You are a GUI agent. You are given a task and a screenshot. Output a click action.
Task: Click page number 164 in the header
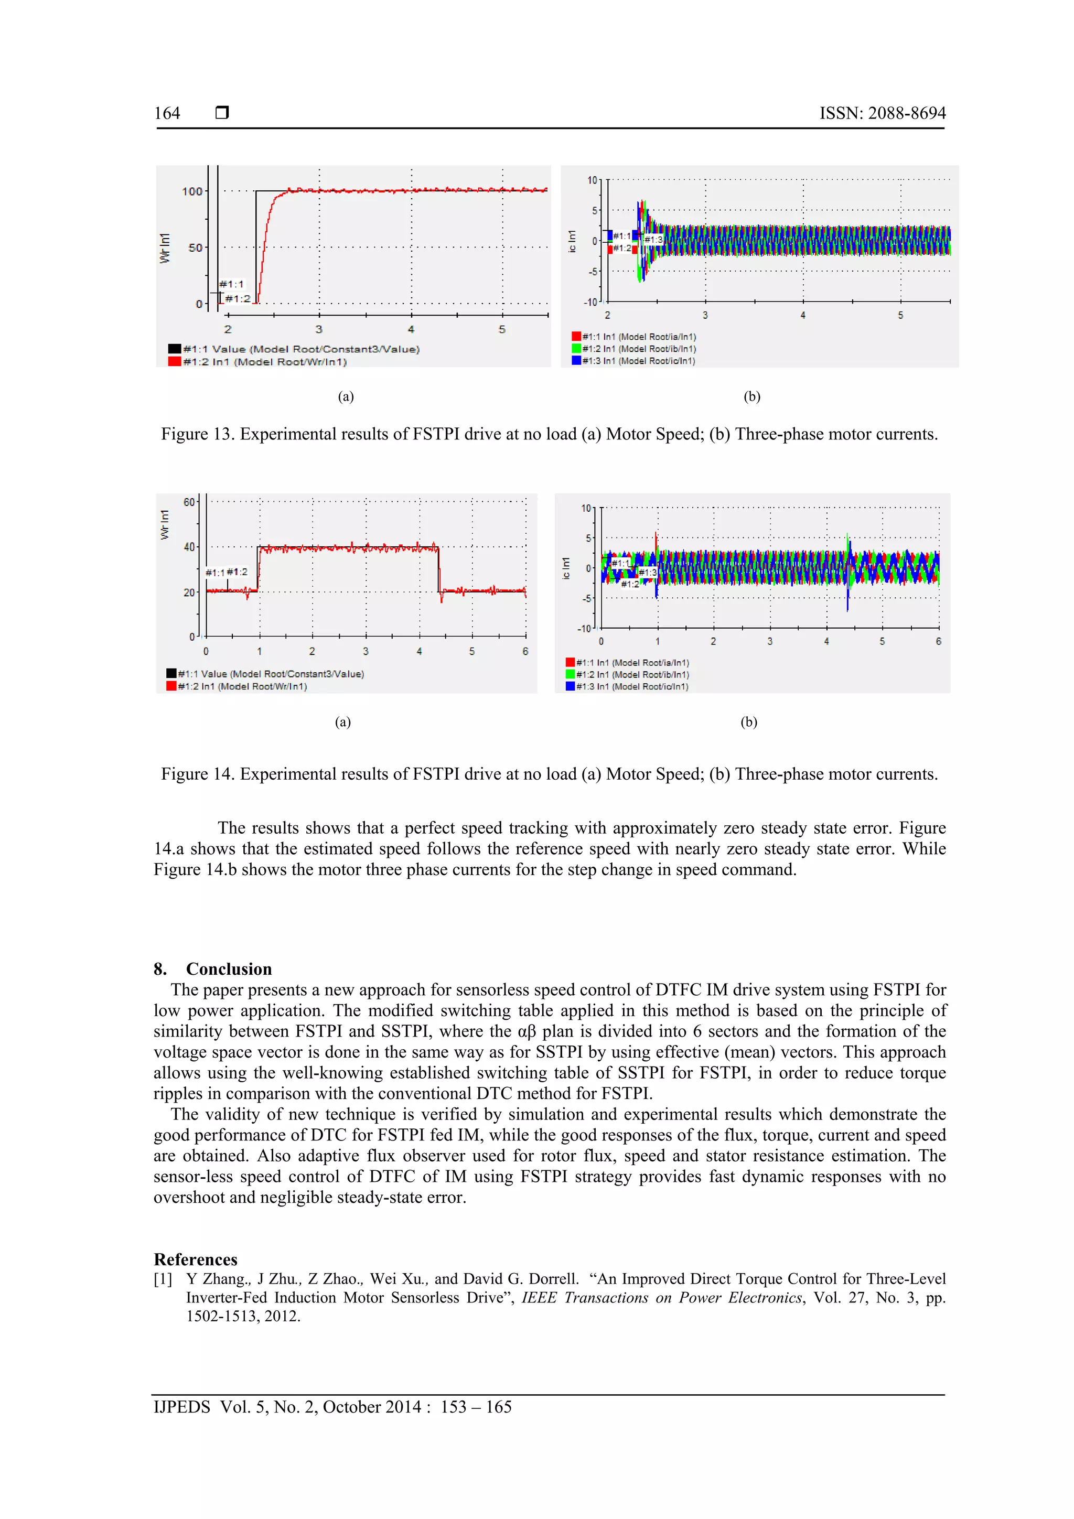click(x=167, y=113)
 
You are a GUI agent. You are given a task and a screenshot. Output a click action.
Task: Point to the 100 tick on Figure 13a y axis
click(x=192, y=191)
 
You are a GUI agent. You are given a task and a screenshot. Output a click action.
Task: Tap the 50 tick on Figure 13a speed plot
click(x=195, y=247)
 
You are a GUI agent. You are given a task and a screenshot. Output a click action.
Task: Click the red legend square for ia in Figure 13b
click(x=576, y=337)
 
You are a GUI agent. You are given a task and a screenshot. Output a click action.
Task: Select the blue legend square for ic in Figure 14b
click(x=570, y=687)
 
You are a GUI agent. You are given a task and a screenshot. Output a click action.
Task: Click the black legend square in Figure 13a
click(x=175, y=349)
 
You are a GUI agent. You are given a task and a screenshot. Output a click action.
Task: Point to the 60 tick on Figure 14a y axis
click(x=189, y=502)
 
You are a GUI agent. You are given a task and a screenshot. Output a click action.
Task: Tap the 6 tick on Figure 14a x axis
click(x=525, y=652)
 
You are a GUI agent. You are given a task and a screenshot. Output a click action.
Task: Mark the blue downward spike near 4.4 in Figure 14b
click(x=847, y=599)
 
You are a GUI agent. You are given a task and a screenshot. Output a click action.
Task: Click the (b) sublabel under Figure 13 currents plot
click(x=751, y=396)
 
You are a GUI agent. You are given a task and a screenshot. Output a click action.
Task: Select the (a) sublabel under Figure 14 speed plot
click(x=343, y=722)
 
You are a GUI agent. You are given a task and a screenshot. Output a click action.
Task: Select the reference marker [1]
click(x=163, y=1279)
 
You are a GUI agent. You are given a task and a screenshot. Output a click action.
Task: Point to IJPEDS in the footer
click(x=181, y=1407)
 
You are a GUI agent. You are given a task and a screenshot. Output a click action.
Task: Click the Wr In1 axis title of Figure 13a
click(x=165, y=248)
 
